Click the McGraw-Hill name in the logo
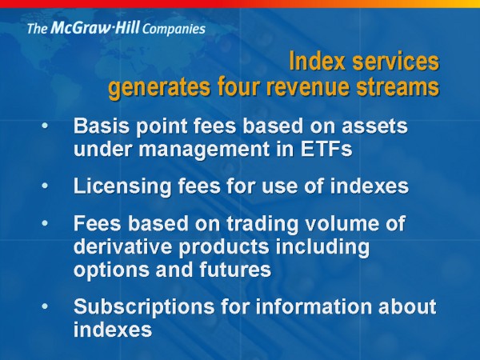coord(95,27)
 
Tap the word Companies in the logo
coord(174,30)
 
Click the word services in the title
coord(395,62)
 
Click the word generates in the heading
coord(159,89)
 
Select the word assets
coord(374,126)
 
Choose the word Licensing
coord(122,186)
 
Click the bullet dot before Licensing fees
coord(45,186)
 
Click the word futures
coord(235,270)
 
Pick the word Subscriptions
coord(144,307)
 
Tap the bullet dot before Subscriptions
coord(45,306)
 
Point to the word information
coord(313,306)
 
